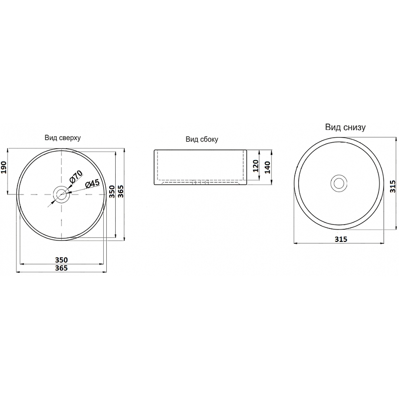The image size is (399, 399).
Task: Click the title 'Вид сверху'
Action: (63, 138)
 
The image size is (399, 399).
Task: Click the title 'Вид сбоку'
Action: (202, 140)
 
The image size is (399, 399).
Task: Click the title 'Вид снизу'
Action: (345, 127)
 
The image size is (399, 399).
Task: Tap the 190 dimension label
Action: (4, 167)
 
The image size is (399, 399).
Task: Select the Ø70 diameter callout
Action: (76, 177)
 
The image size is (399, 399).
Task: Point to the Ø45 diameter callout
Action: (92, 184)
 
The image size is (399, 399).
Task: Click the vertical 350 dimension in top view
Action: (112, 192)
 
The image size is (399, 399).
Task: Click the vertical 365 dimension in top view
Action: (121, 192)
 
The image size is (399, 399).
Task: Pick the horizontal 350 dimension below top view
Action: (61, 260)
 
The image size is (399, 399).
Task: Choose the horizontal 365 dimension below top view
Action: (61, 268)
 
